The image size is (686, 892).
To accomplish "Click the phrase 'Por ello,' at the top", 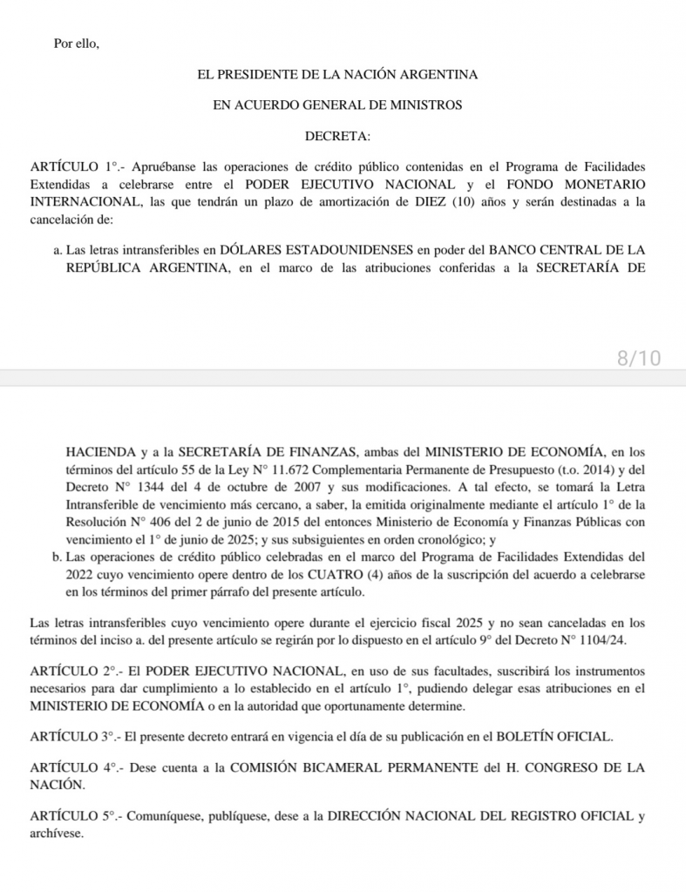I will (x=77, y=44).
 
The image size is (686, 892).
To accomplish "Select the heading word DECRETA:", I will (x=337, y=135).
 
